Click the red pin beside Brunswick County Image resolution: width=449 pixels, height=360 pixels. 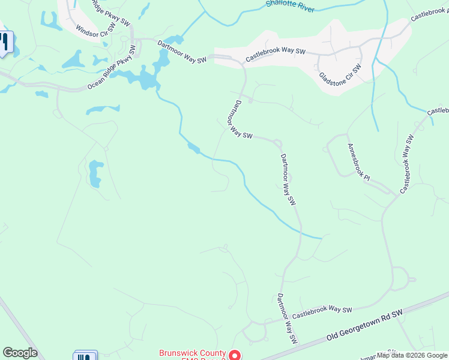click(x=235, y=356)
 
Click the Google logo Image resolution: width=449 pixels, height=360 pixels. click(x=20, y=353)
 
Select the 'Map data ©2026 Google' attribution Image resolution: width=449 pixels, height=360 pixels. click(x=412, y=355)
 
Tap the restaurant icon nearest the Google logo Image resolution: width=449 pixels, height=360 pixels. click(x=85, y=356)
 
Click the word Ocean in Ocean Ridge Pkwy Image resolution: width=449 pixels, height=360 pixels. click(x=96, y=84)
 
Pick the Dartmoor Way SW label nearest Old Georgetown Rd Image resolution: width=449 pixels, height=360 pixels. click(x=288, y=319)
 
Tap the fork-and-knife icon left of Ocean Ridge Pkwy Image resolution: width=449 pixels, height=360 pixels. click(x=5, y=42)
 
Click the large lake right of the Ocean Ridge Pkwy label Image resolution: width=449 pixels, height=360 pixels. click(x=146, y=78)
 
